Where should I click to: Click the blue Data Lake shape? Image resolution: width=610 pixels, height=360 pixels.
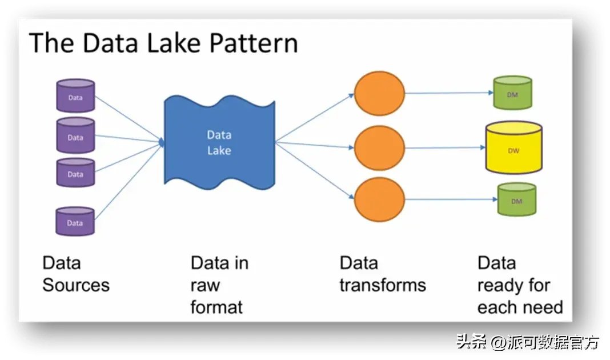tap(219, 142)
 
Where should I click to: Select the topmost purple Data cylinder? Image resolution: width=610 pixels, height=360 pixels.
tap(75, 96)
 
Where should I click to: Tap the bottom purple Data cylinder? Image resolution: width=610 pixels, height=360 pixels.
tap(75, 222)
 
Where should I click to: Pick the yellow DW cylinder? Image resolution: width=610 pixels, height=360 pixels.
tap(513, 147)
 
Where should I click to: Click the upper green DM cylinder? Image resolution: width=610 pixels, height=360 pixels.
tap(512, 93)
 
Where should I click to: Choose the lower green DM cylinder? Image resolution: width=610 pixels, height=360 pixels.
tap(517, 199)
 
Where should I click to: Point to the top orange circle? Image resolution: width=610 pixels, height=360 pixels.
tap(379, 93)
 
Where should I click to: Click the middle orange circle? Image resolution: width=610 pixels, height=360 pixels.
tap(379, 148)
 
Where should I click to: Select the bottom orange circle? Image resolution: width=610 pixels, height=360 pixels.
tap(379, 199)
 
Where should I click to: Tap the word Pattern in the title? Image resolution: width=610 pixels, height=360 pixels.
tap(254, 43)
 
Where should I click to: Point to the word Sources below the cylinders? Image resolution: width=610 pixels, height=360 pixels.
tap(76, 285)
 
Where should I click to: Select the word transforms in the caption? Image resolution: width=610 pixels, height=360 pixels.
tap(383, 285)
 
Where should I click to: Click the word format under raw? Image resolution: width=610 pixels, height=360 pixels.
tap(216, 307)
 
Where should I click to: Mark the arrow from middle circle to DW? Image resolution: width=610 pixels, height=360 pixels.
tap(445, 148)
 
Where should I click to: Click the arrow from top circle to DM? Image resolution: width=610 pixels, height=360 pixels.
tap(449, 93)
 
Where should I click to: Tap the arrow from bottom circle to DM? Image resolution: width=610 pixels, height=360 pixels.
tap(451, 199)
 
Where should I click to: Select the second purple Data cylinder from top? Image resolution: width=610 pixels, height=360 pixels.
tap(75, 135)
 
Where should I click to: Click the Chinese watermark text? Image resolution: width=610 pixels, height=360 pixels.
tap(528, 342)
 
